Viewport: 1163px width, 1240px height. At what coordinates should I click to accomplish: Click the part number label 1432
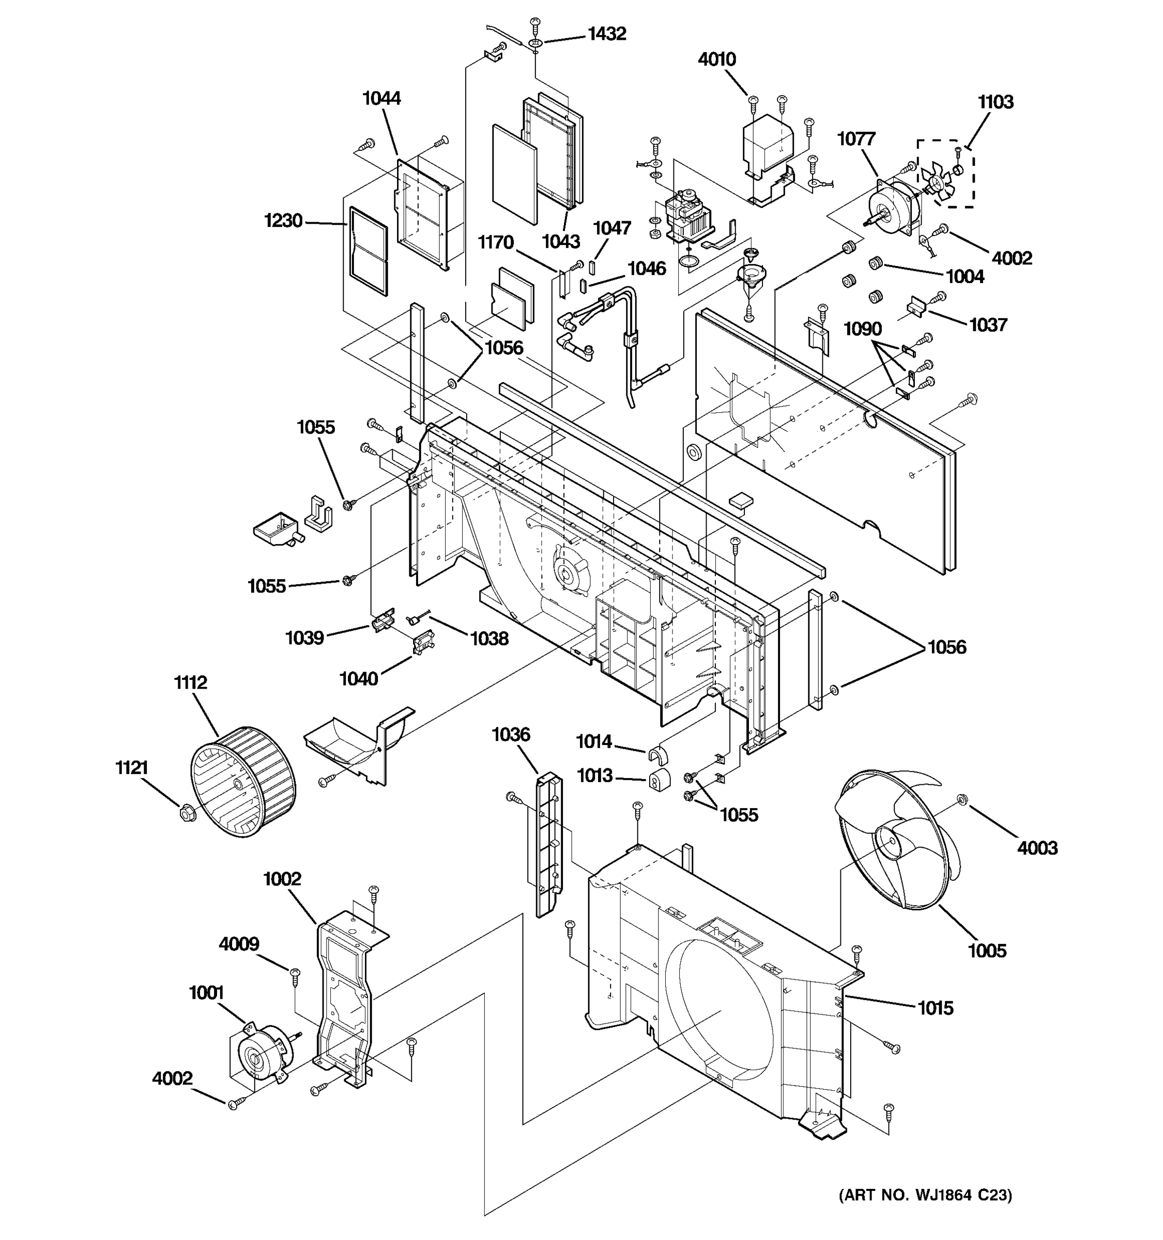click(606, 34)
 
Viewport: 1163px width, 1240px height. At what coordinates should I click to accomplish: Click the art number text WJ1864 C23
click(925, 1195)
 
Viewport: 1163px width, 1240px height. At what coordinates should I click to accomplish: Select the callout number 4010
click(716, 60)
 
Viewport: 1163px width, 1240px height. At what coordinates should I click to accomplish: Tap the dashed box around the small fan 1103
click(945, 174)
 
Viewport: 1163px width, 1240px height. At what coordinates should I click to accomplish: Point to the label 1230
click(283, 221)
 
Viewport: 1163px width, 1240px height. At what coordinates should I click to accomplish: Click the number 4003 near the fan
click(1037, 848)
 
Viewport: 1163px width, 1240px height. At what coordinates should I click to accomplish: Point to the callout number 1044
click(381, 99)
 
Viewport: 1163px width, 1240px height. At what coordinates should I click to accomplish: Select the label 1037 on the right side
click(988, 324)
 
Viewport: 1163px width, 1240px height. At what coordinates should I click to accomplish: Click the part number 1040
click(358, 678)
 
